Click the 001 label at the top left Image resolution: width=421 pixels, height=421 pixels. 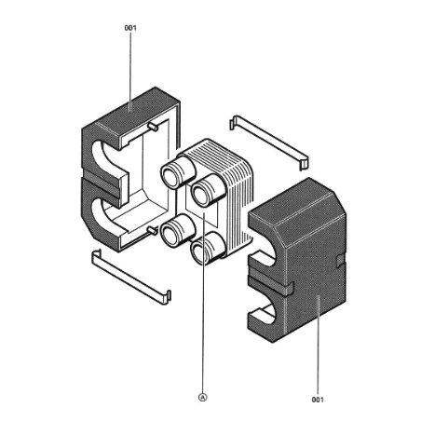(x=130, y=28)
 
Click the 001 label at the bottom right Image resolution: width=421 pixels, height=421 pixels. (x=318, y=400)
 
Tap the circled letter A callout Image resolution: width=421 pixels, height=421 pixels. (x=202, y=397)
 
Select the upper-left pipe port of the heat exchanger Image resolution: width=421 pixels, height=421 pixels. (x=177, y=171)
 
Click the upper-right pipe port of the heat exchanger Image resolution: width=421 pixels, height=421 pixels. (x=208, y=190)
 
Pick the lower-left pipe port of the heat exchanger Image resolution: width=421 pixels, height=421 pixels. (x=177, y=231)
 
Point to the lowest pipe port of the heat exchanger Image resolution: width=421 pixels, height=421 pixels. (x=208, y=249)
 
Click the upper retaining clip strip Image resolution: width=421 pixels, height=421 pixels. (x=269, y=143)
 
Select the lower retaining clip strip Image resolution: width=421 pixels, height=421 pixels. (x=131, y=277)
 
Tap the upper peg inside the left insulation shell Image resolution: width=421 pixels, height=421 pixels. (x=153, y=127)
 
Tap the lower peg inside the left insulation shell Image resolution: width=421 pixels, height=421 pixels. (x=153, y=230)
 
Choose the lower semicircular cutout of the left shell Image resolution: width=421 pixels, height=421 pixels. (x=104, y=214)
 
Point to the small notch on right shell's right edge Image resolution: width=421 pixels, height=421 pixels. (x=341, y=260)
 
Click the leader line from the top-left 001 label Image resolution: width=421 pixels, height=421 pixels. (x=130, y=72)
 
